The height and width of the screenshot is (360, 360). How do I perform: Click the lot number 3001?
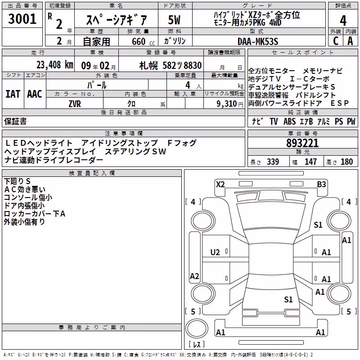coord(22,19)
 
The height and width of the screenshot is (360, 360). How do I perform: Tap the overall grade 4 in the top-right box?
coord(343,21)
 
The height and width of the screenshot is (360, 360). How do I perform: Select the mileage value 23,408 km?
coord(55,65)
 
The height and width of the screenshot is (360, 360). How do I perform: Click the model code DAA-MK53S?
coord(258,41)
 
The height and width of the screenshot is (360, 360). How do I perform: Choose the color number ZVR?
coord(75,104)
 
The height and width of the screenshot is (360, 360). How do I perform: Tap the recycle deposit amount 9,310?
coord(227,104)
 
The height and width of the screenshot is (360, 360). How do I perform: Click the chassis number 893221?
coord(302,143)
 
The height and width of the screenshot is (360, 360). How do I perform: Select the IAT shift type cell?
coord(13,94)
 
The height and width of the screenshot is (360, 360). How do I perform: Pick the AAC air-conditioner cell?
coord(35,94)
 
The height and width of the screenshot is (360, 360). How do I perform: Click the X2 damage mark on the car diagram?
coord(220,184)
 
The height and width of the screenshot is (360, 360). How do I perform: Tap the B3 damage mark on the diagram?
coord(321,184)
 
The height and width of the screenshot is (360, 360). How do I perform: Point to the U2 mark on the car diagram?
coord(215,252)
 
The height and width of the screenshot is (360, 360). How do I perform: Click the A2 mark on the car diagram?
coord(194,276)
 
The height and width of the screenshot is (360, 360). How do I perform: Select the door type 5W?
coord(174,20)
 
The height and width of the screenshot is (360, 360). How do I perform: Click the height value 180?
coord(346,162)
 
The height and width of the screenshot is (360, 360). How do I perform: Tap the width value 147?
coord(310,162)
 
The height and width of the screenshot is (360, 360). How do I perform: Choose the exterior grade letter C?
coord(336,41)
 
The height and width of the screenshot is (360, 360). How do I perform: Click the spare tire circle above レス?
coord(197,328)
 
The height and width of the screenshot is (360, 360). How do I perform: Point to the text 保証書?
coord(15,121)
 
